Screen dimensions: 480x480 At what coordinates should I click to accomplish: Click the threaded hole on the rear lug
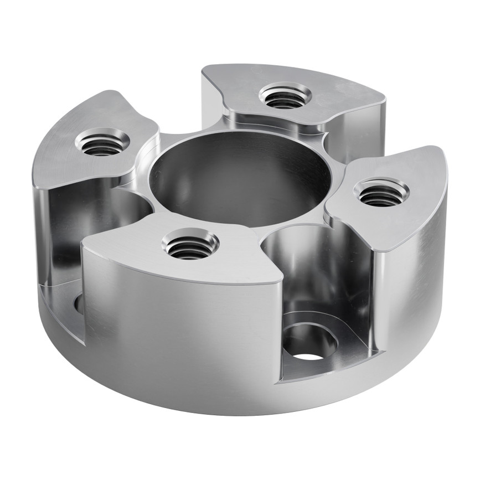(x=285, y=98)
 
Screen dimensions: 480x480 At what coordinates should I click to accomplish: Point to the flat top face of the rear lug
(x=332, y=94)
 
